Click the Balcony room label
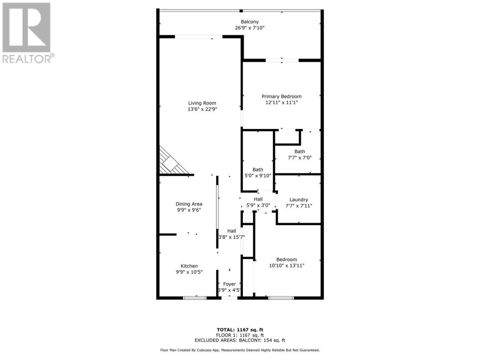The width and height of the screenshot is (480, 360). coord(249,22)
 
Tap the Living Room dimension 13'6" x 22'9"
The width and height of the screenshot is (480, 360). coord(202,109)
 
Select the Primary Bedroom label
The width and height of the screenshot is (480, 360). coord(282,96)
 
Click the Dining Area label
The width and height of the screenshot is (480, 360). coord(189,204)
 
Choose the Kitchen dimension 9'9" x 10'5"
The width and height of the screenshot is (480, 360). coord(189,272)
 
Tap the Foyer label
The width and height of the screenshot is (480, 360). coord(229,284)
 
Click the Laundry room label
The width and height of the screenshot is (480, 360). coord(299,199)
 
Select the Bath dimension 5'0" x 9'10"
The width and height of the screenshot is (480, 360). coord(258,175)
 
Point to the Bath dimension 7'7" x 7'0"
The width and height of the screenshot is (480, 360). coord(300,157)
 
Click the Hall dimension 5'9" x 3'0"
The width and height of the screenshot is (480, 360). coord(258,205)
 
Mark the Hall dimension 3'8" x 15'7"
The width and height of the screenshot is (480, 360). coord(232,237)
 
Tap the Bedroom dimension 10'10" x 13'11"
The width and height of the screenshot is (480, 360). coord(286,265)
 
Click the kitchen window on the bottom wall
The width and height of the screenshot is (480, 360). coord(195,298)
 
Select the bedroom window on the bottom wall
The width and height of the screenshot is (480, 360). coord(281,298)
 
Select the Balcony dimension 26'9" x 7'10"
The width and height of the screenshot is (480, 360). coord(249,28)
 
